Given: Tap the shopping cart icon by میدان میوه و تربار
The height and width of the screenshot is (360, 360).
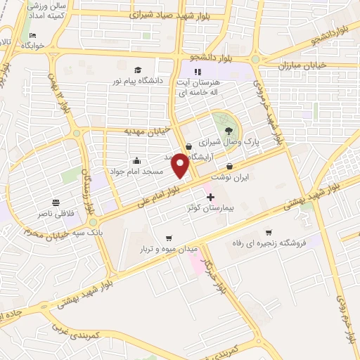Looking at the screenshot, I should click(167, 238).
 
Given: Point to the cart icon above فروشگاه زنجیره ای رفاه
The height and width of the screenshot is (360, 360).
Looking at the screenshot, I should click(268, 232).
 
